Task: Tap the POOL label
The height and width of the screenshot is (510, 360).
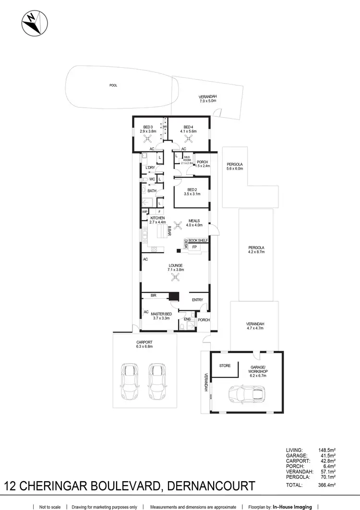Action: [113, 85]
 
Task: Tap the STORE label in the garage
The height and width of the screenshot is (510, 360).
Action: [225, 365]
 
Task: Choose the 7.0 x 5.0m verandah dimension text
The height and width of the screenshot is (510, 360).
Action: [208, 101]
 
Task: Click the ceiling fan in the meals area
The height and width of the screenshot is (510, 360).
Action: [178, 224]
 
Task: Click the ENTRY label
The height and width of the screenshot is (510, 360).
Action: [197, 300]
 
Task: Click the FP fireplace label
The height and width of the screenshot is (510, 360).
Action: [194, 247]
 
